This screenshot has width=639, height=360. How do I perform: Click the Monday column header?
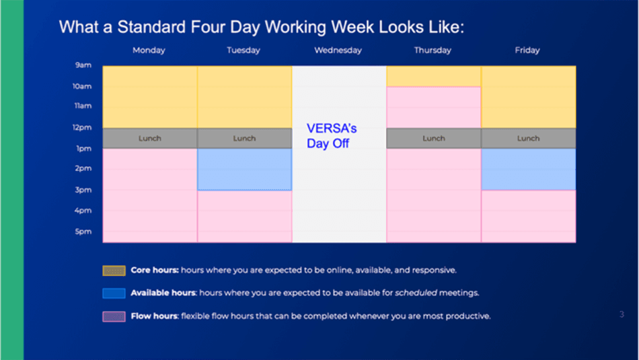click(149, 50)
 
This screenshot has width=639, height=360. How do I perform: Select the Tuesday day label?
click(243, 50)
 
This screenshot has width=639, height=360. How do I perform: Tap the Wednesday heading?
click(338, 50)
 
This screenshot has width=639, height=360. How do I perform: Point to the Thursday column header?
click(433, 50)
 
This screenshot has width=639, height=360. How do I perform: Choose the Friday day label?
click(527, 50)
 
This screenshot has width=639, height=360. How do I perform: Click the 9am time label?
click(83, 65)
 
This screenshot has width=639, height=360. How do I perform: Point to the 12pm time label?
click(82, 128)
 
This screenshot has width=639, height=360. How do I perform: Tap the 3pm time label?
click(83, 190)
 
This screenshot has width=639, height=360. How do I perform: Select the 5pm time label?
click(83, 231)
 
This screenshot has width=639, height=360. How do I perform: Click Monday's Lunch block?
click(150, 138)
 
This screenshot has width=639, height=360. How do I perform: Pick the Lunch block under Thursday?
click(434, 138)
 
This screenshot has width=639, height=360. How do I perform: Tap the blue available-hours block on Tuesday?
click(245, 169)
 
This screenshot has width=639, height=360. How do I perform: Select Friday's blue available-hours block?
click(529, 169)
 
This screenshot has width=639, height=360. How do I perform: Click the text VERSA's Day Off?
click(332, 136)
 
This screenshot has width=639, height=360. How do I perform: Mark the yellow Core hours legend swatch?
click(114, 271)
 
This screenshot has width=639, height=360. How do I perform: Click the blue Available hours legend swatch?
click(114, 293)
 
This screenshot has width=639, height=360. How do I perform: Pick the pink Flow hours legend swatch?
click(114, 317)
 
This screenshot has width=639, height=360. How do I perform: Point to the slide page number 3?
click(622, 314)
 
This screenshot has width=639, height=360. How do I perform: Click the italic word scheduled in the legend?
click(416, 293)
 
